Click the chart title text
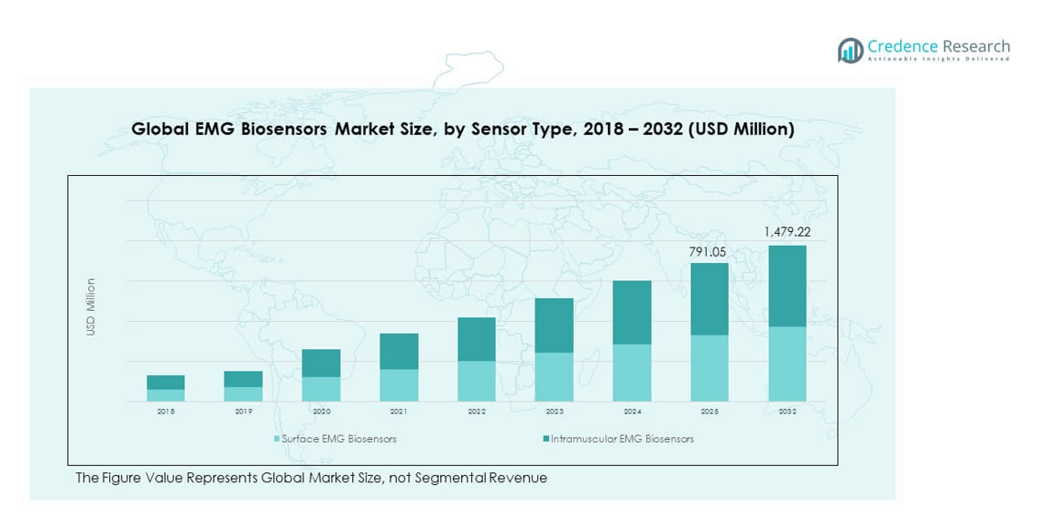click(462, 129)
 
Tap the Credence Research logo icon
click(850, 50)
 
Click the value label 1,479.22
click(786, 232)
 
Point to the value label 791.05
click(709, 250)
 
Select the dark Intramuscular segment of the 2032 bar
click(786, 285)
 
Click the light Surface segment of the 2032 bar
click(786, 364)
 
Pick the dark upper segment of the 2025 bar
click(709, 299)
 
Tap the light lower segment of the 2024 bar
click(632, 373)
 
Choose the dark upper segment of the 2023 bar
click(554, 325)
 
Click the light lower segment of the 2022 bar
click(477, 381)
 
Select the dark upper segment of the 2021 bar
click(399, 351)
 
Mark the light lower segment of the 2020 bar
click(321, 390)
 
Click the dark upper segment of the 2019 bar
click(243, 379)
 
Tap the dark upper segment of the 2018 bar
click(166, 382)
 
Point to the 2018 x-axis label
click(166, 412)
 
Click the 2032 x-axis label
click(787, 412)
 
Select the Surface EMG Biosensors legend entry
click(335, 439)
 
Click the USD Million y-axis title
click(91, 307)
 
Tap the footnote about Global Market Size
click(311, 478)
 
